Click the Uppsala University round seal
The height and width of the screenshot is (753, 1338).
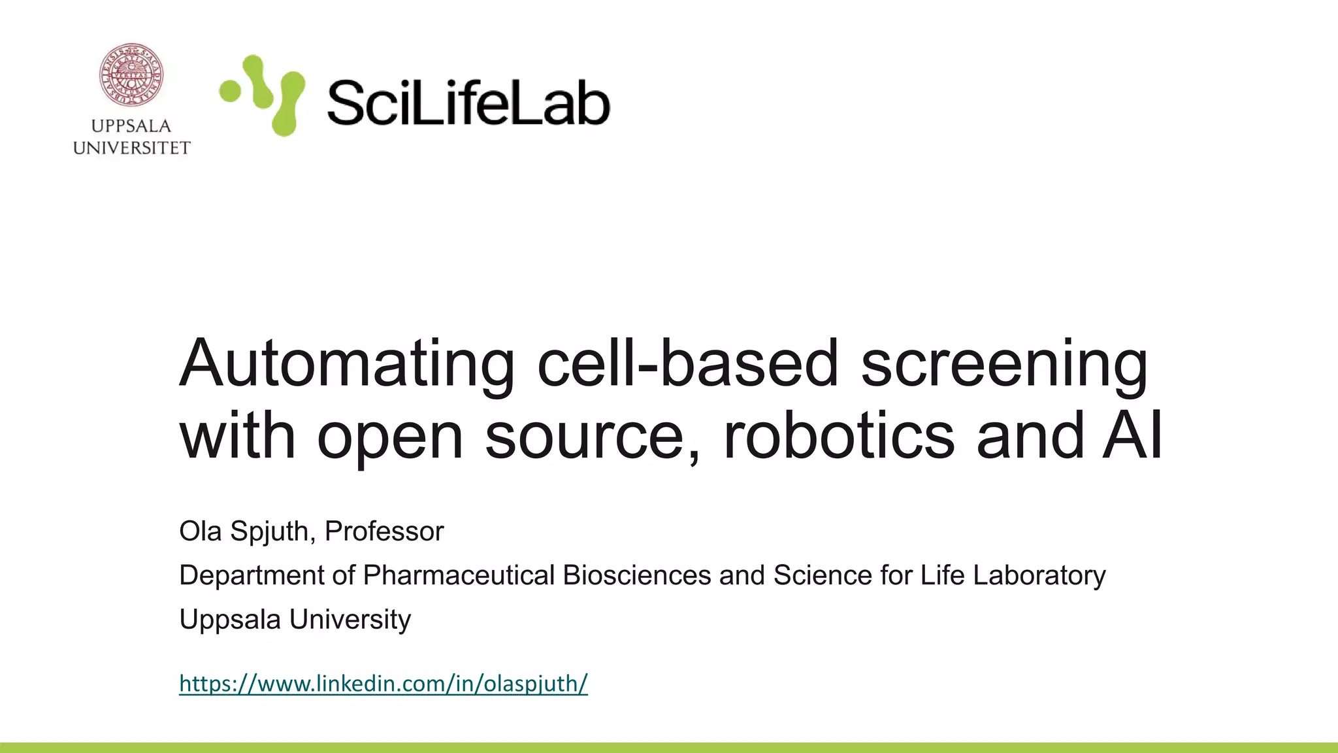tap(131, 75)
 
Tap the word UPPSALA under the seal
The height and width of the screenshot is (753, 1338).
tap(131, 126)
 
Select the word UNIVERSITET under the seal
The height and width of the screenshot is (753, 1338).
tap(131, 148)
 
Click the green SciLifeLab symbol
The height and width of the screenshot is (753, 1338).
tap(263, 95)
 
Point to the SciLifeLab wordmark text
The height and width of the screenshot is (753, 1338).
tap(468, 102)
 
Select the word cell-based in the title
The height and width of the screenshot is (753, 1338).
tap(687, 364)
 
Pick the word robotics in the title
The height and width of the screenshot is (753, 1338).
tap(839, 435)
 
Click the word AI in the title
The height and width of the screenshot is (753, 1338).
tap(1132, 435)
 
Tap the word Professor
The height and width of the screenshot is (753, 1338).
tap(384, 531)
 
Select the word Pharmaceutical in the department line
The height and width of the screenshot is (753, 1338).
tap(459, 575)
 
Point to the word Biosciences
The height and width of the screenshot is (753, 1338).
tap(636, 575)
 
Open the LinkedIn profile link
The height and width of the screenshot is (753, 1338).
tap(383, 684)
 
